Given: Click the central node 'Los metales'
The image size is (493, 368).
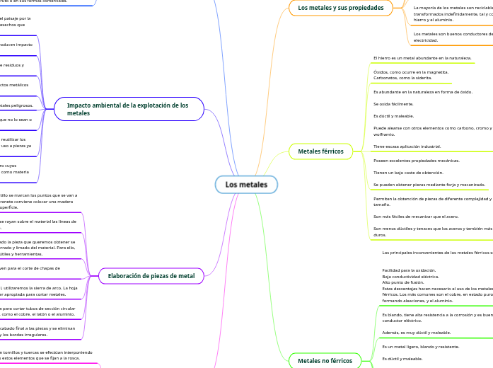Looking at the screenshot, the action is point(246,185).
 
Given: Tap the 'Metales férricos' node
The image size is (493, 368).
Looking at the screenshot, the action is point(320,151).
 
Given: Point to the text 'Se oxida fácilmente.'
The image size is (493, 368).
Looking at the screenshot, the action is point(393,104).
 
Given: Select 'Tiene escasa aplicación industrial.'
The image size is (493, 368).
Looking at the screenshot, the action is point(407,146).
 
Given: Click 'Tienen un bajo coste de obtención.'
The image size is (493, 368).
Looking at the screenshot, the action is point(409,172).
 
